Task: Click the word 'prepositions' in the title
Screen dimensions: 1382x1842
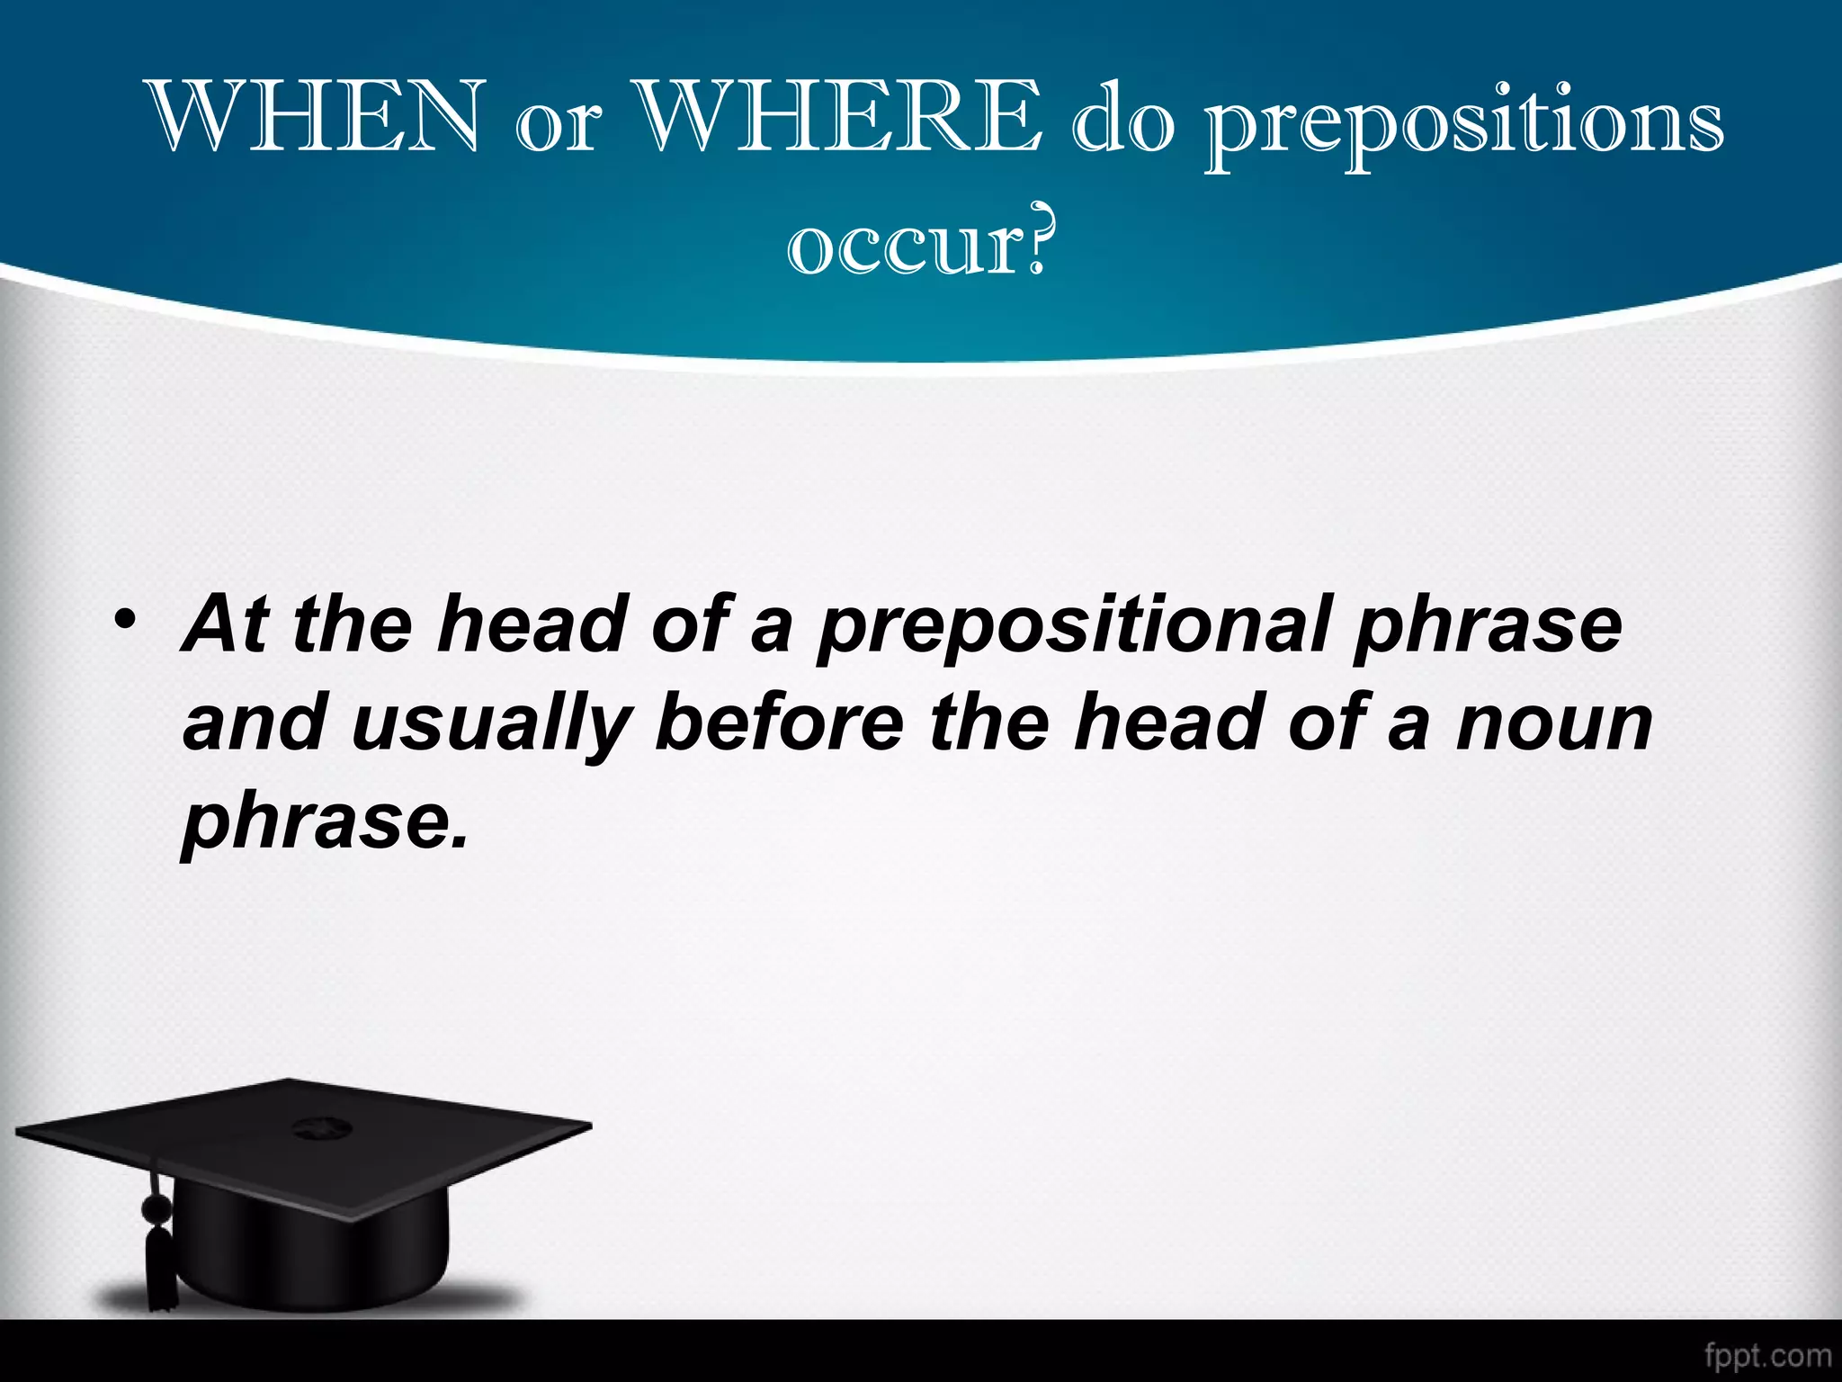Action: tap(1464, 126)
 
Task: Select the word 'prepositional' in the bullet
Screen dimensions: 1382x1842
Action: tap(1071, 629)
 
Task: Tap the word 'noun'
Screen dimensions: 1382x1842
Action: tap(1553, 725)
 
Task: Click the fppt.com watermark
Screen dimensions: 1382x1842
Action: tap(1766, 1355)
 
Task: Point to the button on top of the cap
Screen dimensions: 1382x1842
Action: tap(316, 1126)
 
